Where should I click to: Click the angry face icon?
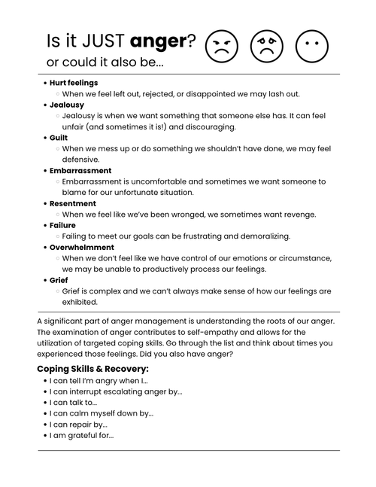pyautogui.click(x=220, y=47)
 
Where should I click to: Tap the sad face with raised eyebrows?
pyautogui.click(x=265, y=47)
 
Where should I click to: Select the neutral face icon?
pyautogui.click(x=311, y=47)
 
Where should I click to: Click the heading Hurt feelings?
pyautogui.click(x=74, y=82)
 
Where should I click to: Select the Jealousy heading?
pyautogui.click(x=67, y=105)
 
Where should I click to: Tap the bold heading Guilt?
pyautogui.click(x=59, y=138)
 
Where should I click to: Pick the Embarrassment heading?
pyautogui.click(x=81, y=171)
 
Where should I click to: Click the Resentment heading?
pyautogui.click(x=73, y=203)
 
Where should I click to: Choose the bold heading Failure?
pyautogui.click(x=62, y=225)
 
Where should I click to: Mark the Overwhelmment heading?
pyautogui.click(x=82, y=247)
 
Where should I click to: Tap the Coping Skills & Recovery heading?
pyautogui.click(x=92, y=369)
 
